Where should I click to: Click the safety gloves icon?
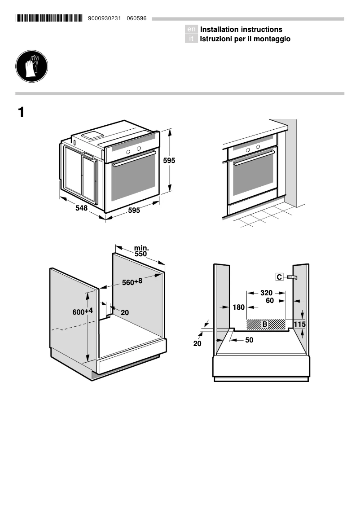point(31,66)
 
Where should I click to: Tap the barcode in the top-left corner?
point(49,18)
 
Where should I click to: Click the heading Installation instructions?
point(241,29)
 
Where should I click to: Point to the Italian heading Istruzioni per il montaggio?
point(245,39)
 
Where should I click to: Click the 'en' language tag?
point(191,29)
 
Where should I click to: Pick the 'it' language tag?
point(191,39)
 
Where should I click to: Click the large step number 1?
point(21,112)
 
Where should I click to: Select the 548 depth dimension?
point(81,208)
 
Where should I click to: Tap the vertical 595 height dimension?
point(169,160)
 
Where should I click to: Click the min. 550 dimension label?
point(141,251)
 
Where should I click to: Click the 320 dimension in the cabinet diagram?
point(266,293)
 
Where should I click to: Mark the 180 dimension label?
point(239,307)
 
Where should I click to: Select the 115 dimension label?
point(299,324)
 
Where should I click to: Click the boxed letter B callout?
point(265,324)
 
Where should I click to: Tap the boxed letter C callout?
point(279,277)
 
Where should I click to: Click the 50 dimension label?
point(249,340)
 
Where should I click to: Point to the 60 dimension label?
point(270,300)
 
